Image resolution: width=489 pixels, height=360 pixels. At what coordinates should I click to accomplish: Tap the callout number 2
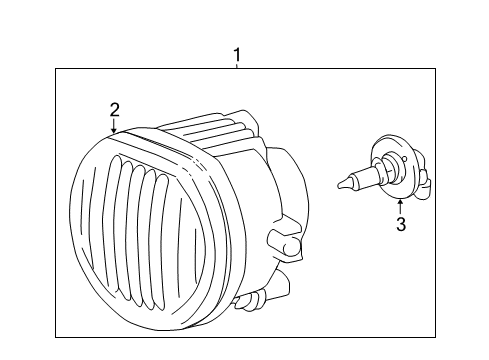click(x=114, y=109)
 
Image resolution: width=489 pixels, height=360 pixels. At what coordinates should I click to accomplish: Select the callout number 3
click(x=400, y=225)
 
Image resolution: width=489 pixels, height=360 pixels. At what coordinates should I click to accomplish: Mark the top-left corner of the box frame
click(x=56, y=68)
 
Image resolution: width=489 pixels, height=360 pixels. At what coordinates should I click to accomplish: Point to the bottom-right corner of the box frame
click(x=435, y=337)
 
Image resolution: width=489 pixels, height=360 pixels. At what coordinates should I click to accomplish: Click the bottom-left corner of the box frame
click(x=56, y=337)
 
